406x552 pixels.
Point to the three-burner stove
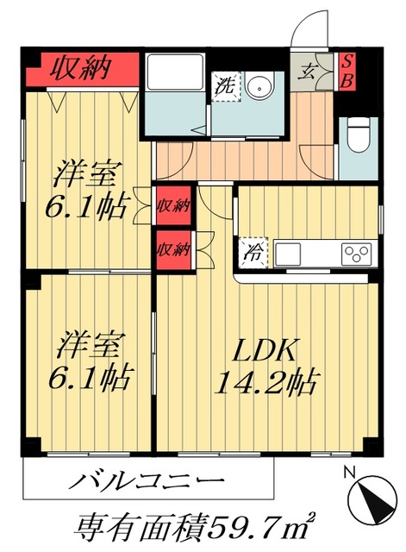[x=356, y=254]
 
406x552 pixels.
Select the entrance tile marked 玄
[x=308, y=72]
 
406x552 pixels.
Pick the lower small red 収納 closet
[x=172, y=249]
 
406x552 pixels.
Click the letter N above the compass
[x=349, y=472]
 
